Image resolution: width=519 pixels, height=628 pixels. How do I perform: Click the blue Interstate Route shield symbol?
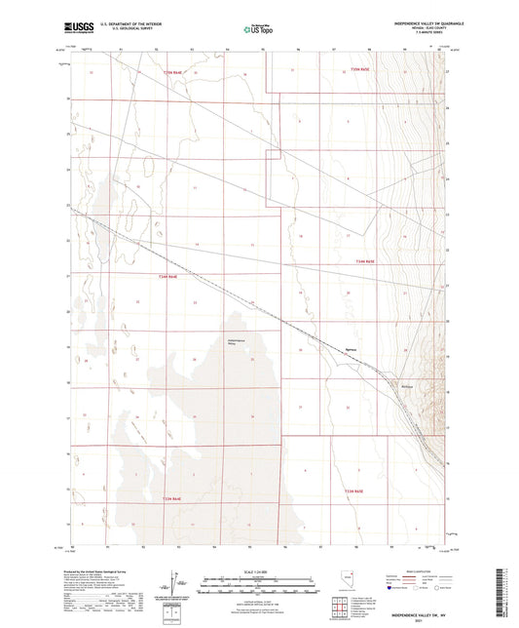392,589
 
